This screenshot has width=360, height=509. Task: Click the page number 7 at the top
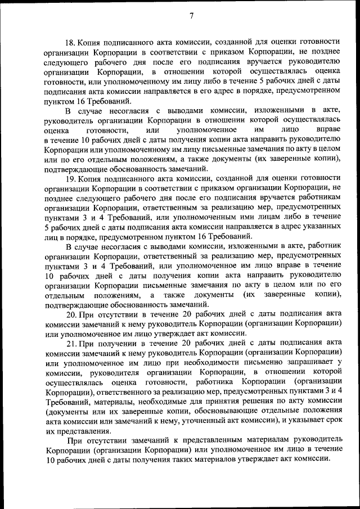point(191,16)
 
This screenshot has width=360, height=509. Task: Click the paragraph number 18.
point(71,42)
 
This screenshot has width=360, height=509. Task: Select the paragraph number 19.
point(71,179)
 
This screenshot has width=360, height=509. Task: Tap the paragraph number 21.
point(71,343)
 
